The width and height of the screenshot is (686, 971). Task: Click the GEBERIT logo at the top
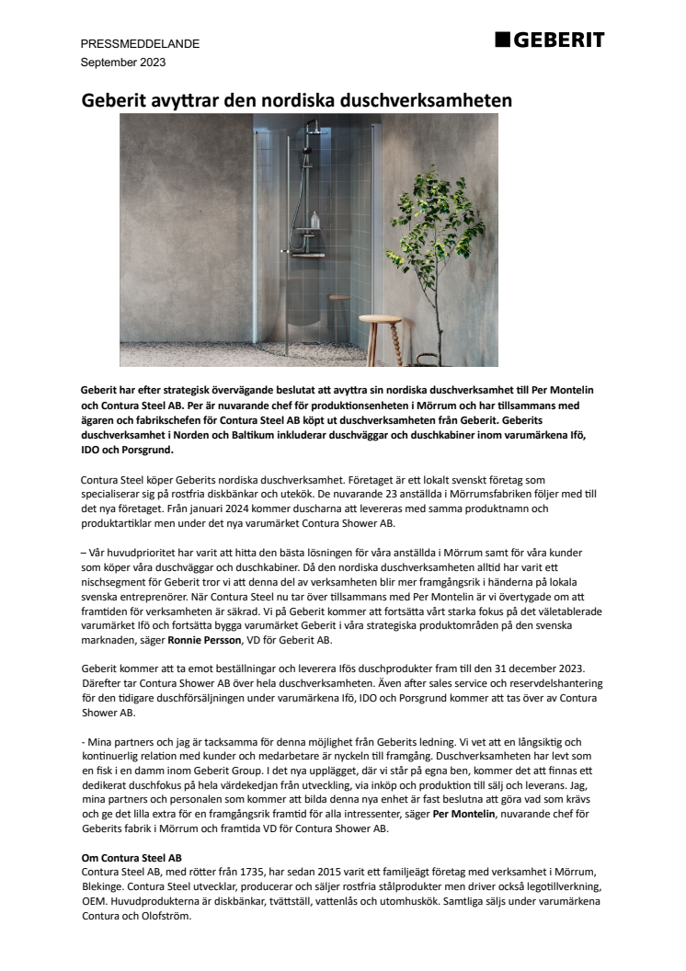pos(549,40)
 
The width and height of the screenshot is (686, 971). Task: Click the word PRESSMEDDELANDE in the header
pos(141,44)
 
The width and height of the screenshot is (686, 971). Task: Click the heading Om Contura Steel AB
pos(131,857)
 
